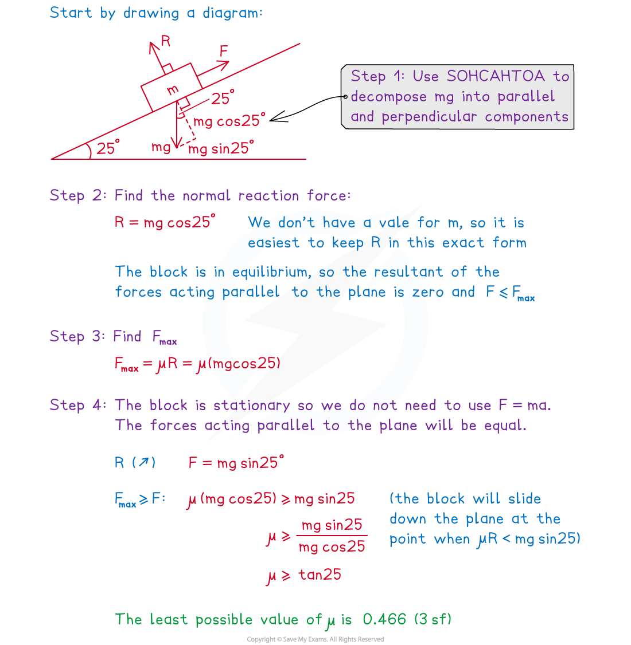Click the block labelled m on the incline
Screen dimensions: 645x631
pos(172,89)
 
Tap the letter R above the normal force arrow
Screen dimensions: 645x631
pos(166,41)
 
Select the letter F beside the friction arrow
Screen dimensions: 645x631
pos(224,52)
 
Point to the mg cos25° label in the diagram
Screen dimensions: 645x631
pos(229,121)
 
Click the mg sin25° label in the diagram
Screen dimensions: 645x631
pos(221,149)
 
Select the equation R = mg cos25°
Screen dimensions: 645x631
pos(165,222)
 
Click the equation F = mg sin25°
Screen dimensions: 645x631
pos(236,462)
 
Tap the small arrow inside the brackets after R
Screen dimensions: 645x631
pos(143,462)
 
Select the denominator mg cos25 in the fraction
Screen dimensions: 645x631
pos(332,547)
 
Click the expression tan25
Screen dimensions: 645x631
pos(320,575)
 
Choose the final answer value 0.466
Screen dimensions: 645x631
pos(384,619)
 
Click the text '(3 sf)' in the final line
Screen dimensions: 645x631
pos(433,619)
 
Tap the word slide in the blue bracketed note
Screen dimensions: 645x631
pos(524,498)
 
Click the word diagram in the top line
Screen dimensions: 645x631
pos(232,13)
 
